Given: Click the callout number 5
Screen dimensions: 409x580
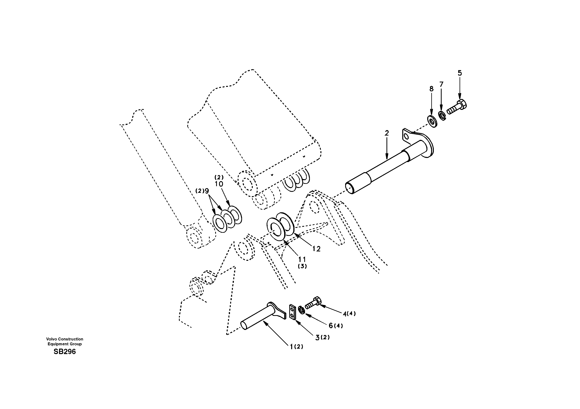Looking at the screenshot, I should pos(460,73).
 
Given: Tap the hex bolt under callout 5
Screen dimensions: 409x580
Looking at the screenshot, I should pos(457,108).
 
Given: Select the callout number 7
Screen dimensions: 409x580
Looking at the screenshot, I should pos(441,84).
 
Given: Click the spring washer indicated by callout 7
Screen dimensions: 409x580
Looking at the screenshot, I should pos(442,116).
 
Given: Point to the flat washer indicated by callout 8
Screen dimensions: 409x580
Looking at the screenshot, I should pos(432,122).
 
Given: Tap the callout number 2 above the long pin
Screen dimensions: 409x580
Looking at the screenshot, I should pos(387,133).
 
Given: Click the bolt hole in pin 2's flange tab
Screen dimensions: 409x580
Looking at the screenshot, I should pos(406,137).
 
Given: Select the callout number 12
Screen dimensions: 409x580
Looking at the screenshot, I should pos(316,249).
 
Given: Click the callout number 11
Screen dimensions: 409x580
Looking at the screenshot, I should pos(302,259).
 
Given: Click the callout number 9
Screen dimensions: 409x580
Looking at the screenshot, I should pos(207,191).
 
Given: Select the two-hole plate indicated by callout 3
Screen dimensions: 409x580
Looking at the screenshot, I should pos(292,313).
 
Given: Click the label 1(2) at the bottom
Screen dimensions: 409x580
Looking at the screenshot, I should pos(296,347).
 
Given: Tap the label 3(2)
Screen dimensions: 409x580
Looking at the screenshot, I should pos(322,338).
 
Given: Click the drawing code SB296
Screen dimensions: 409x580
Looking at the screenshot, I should pos(65,352).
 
